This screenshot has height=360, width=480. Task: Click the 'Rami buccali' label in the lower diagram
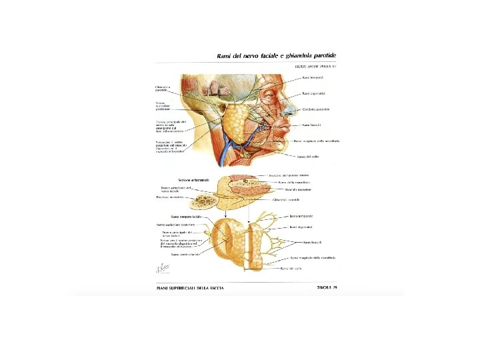pyautogui.click(x=312, y=242)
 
